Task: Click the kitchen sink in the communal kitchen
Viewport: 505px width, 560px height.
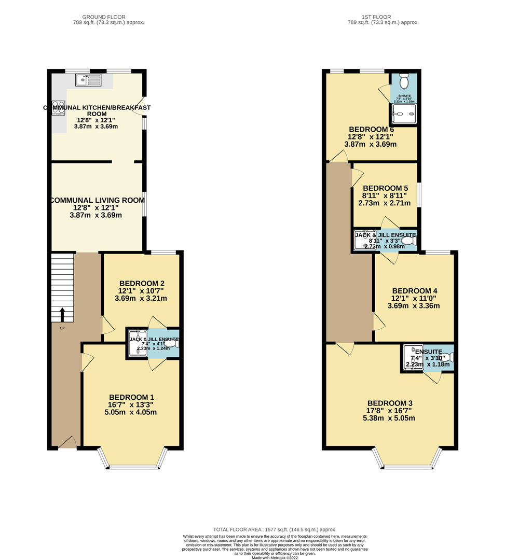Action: pos(88,80)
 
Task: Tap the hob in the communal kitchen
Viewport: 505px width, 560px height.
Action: pos(58,107)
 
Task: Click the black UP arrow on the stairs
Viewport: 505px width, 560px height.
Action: pos(62,314)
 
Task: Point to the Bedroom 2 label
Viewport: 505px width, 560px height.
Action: pos(142,283)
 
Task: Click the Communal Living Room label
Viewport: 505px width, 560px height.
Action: pos(97,200)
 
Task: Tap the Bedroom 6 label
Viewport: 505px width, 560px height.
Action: pos(371,129)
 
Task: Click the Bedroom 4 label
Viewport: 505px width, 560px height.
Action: pos(415,291)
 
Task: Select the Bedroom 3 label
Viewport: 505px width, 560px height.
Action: pos(390,403)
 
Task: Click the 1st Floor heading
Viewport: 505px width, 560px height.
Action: pos(383,17)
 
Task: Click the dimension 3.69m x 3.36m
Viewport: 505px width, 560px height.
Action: pos(414,306)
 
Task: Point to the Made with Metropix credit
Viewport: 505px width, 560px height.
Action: pos(275,557)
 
